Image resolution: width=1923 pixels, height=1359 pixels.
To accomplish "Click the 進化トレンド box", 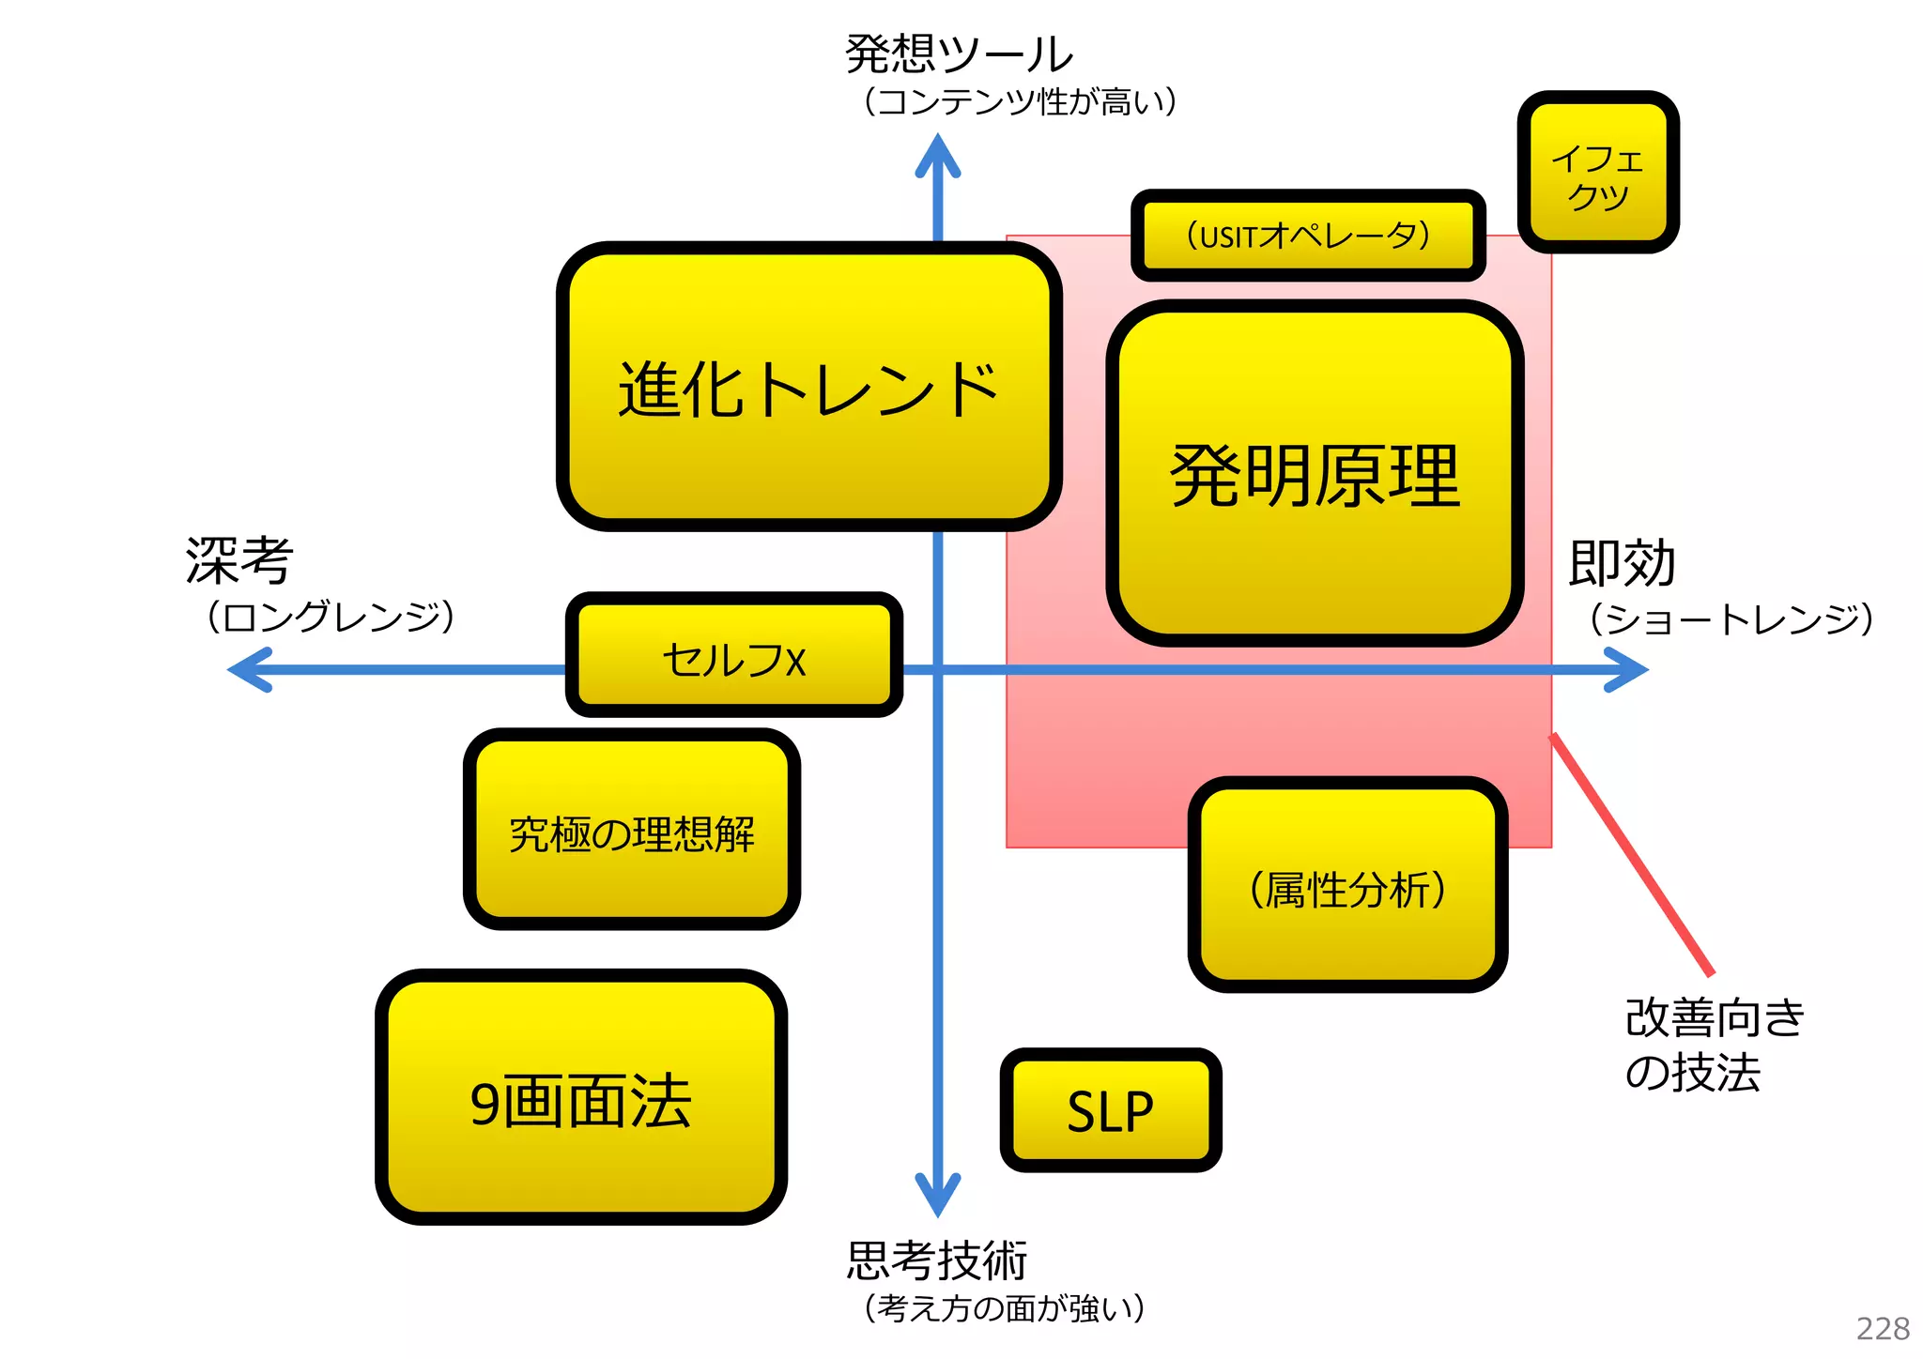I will [808, 387].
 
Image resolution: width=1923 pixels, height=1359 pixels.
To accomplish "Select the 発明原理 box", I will [1315, 474].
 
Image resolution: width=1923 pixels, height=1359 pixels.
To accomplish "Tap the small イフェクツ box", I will [1598, 173].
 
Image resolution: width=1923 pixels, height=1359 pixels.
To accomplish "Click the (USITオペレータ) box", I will [1308, 235].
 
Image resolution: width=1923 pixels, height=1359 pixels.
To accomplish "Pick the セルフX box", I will [733, 657].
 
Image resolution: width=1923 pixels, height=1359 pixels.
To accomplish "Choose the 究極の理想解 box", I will [632, 831].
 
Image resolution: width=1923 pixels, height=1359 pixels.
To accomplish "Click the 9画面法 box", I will [580, 1098].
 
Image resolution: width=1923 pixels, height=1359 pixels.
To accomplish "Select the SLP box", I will [1110, 1110].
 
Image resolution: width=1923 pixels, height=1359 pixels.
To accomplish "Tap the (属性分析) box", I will [1347, 886].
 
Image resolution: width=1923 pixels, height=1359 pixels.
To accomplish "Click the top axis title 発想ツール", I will [958, 53].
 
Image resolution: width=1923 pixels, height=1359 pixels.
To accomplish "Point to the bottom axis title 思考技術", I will [936, 1260].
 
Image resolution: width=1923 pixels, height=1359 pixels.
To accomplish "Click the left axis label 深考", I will [239, 560].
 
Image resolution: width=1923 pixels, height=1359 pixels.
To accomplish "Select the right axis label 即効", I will [1622, 563].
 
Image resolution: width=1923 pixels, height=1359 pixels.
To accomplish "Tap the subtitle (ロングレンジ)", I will [331, 618].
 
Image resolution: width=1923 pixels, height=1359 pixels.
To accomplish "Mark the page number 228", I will [1882, 1328].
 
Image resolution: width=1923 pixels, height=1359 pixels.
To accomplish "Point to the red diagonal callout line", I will [1632, 854].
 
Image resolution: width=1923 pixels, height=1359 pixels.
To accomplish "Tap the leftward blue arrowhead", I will [250, 669].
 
